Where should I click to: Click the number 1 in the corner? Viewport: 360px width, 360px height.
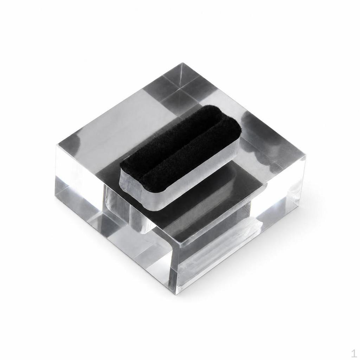point(354,353)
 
